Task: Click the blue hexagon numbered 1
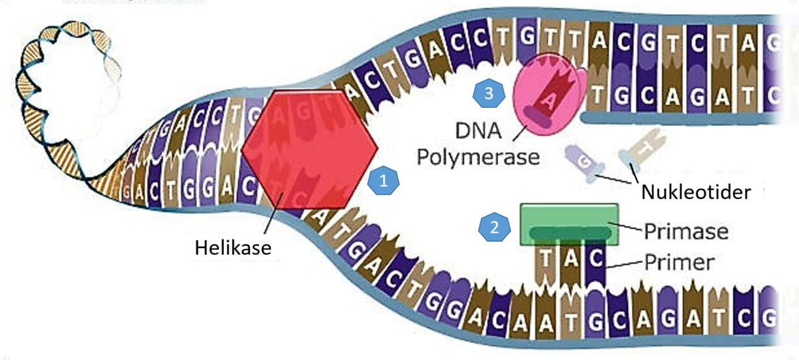tap(383, 180)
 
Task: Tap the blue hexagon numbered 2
tap(494, 227)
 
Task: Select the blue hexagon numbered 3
tap(489, 94)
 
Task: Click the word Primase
tap(686, 232)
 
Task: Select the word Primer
tap(680, 262)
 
